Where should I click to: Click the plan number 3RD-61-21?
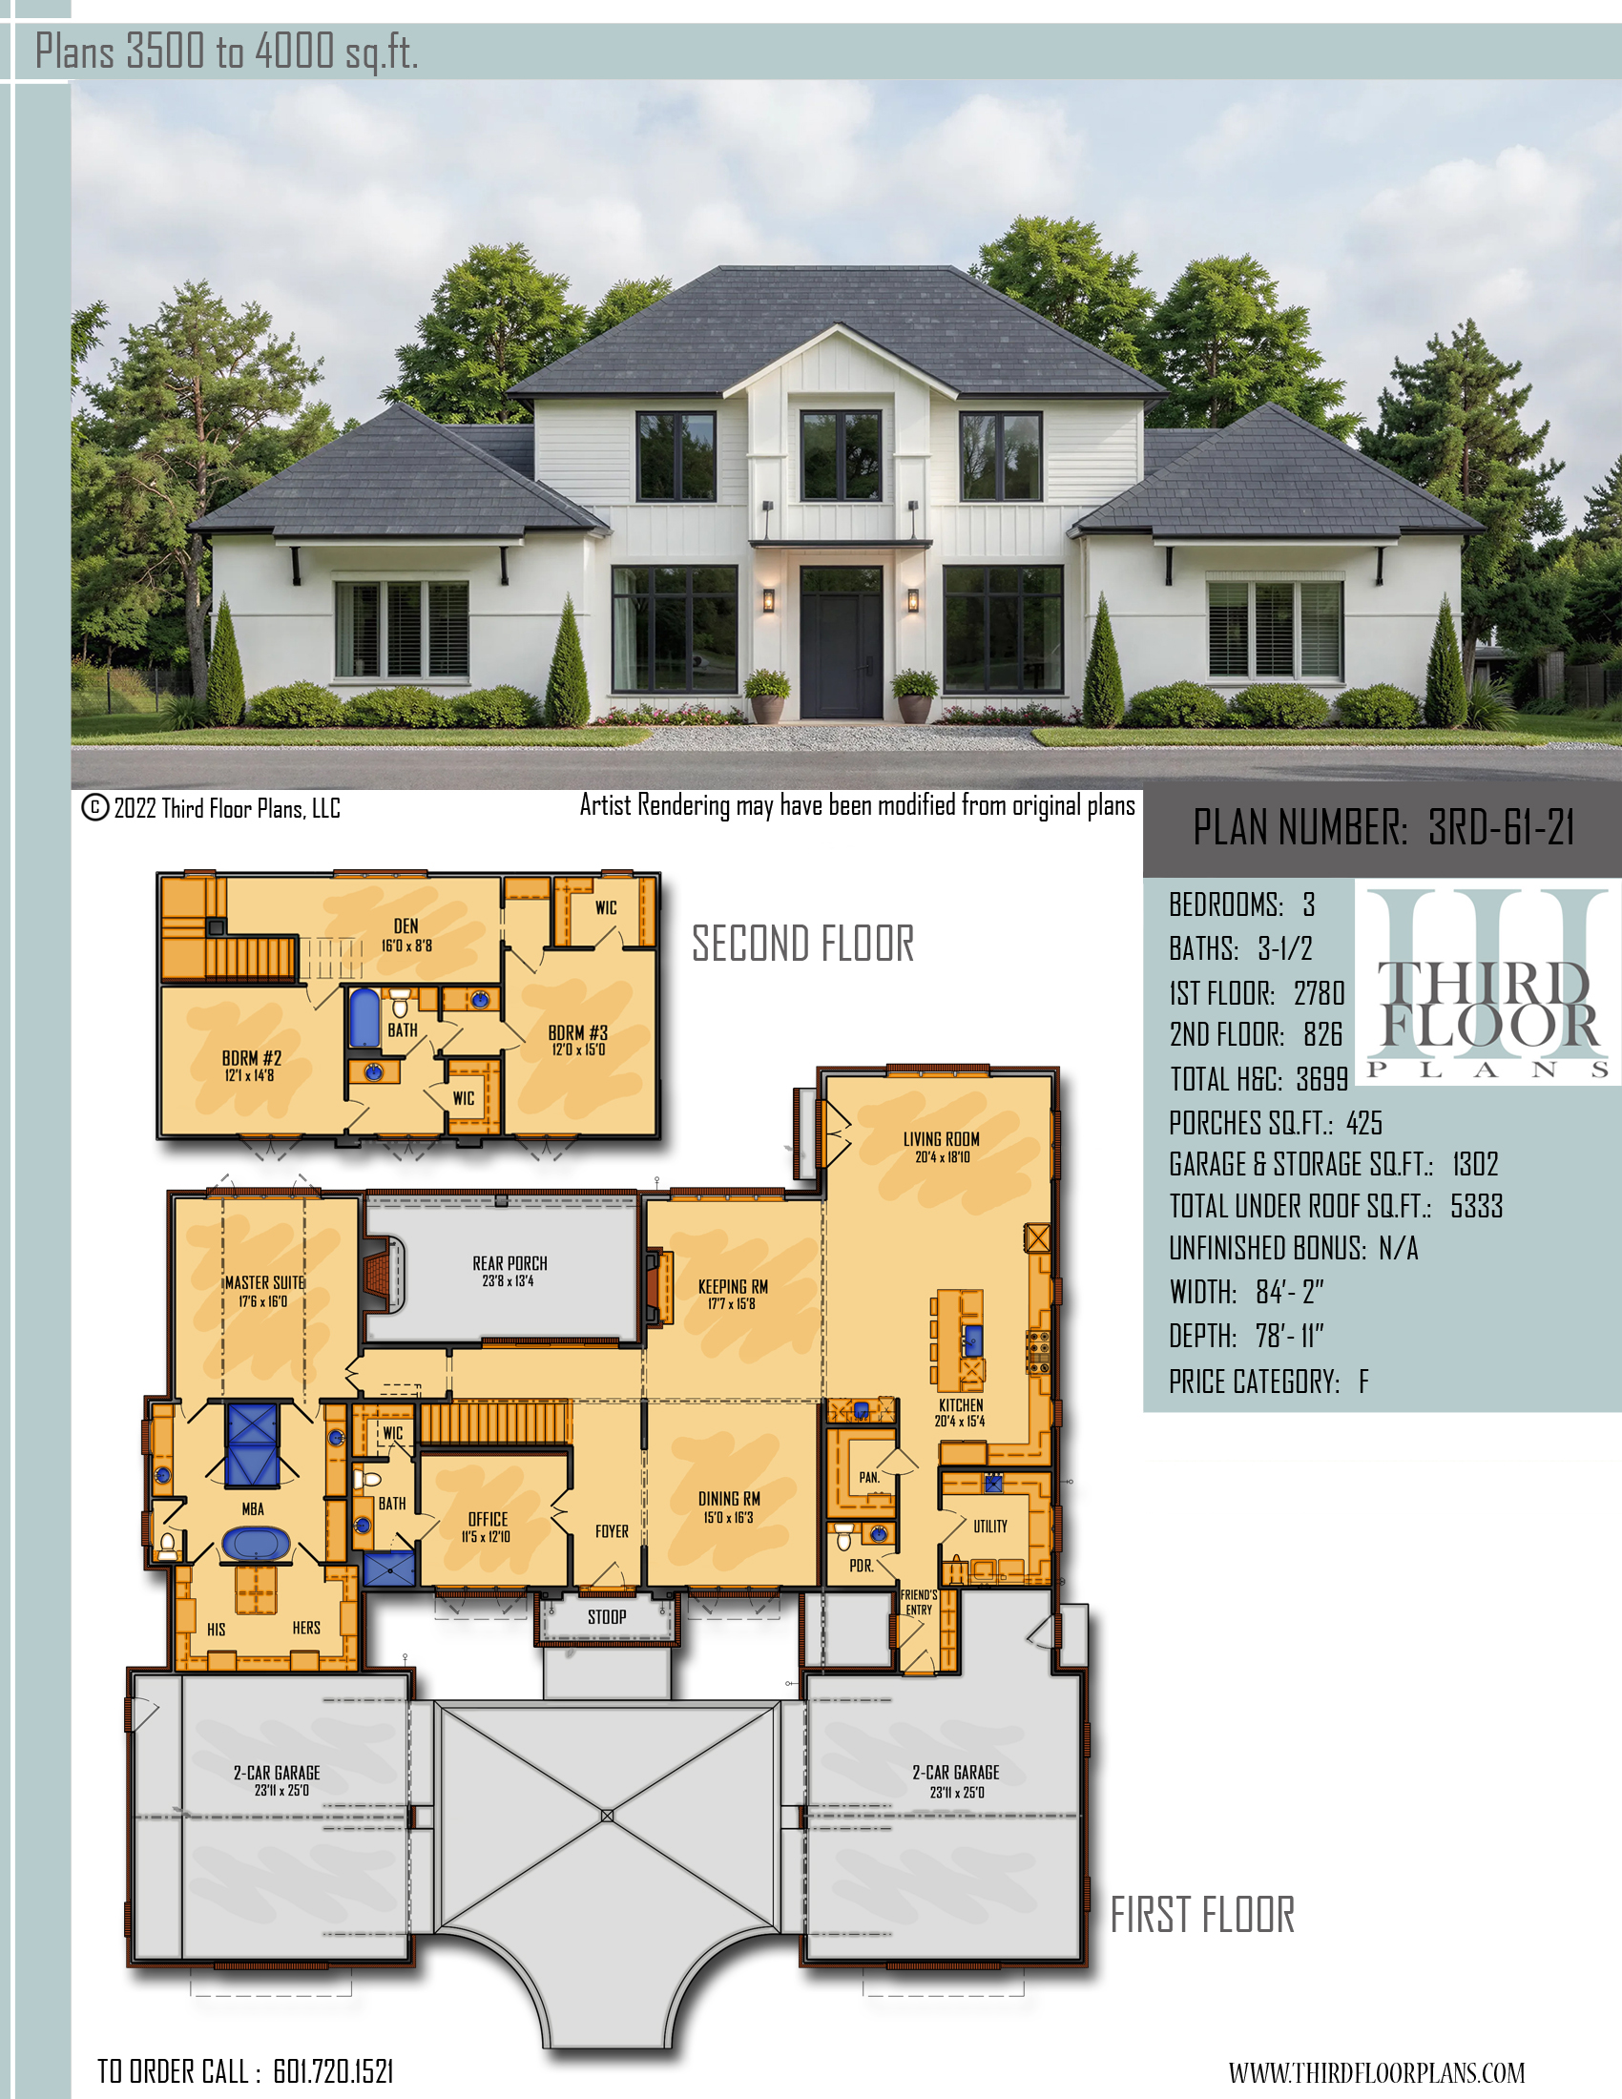(1501, 827)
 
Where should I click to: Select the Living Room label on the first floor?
(942, 1139)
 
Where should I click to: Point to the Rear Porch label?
(509, 1263)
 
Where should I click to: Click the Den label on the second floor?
(406, 925)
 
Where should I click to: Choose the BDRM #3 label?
(578, 1032)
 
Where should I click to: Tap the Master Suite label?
(265, 1282)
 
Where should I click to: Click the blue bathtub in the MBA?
(256, 1544)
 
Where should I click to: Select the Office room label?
(489, 1519)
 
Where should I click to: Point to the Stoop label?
(607, 1616)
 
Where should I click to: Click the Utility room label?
(990, 1526)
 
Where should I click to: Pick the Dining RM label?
(729, 1498)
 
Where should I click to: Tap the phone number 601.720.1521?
(333, 2071)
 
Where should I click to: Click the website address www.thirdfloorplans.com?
(1377, 2073)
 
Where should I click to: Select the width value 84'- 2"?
(1290, 1292)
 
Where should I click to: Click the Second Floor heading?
(803, 944)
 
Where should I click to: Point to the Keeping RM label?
(733, 1286)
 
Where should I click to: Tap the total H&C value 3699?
(1322, 1079)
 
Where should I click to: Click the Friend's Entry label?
(919, 1602)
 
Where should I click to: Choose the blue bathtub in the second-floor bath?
(364, 1018)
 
